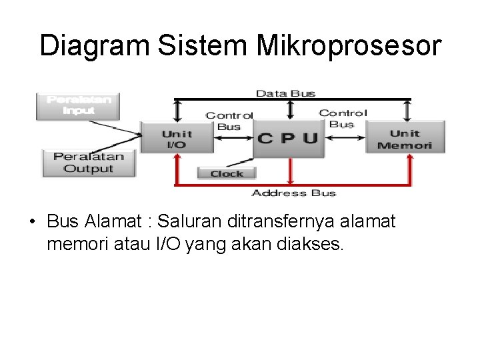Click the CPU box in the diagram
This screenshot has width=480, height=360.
[287, 139]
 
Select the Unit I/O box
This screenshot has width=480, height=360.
[176, 139]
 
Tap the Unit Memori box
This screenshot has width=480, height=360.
[404, 139]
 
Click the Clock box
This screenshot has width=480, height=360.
[227, 173]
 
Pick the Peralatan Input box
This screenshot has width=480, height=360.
[78, 105]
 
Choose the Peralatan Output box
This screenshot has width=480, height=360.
[88, 162]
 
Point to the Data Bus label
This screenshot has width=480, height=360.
[285, 93]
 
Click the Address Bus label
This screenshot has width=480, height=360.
[293, 193]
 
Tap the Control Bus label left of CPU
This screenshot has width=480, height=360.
[229, 121]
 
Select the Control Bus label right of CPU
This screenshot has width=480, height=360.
[343, 118]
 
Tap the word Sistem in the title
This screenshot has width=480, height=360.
[203, 46]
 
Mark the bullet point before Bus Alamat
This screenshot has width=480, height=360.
[32, 221]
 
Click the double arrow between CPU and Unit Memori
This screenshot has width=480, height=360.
[343, 139]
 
